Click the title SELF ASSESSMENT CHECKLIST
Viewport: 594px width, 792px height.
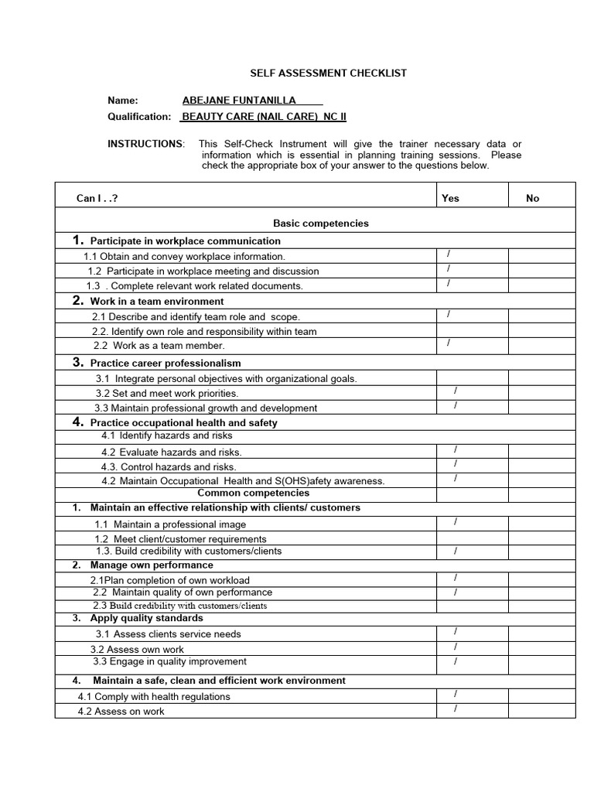(328, 73)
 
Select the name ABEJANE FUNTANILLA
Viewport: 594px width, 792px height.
(239, 101)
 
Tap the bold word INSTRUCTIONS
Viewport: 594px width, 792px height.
(145, 145)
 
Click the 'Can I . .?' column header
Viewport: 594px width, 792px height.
(97, 199)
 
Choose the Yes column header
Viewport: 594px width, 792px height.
(450, 199)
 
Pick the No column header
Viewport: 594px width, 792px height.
(532, 199)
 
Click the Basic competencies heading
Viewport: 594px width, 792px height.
(321, 224)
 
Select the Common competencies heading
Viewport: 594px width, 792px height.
(254, 493)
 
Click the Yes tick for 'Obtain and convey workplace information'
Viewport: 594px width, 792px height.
(449, 254)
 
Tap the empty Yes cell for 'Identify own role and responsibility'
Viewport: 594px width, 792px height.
(471, 331)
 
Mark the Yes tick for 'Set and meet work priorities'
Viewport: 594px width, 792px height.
(456, 391)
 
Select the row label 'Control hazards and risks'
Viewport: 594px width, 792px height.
(169, 467)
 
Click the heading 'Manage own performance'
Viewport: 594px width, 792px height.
(152, 565)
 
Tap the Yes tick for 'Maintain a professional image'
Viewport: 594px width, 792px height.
(456, 522)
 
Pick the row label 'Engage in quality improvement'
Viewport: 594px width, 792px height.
(170, 662)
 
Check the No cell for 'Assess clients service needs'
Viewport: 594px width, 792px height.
(541, 633)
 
